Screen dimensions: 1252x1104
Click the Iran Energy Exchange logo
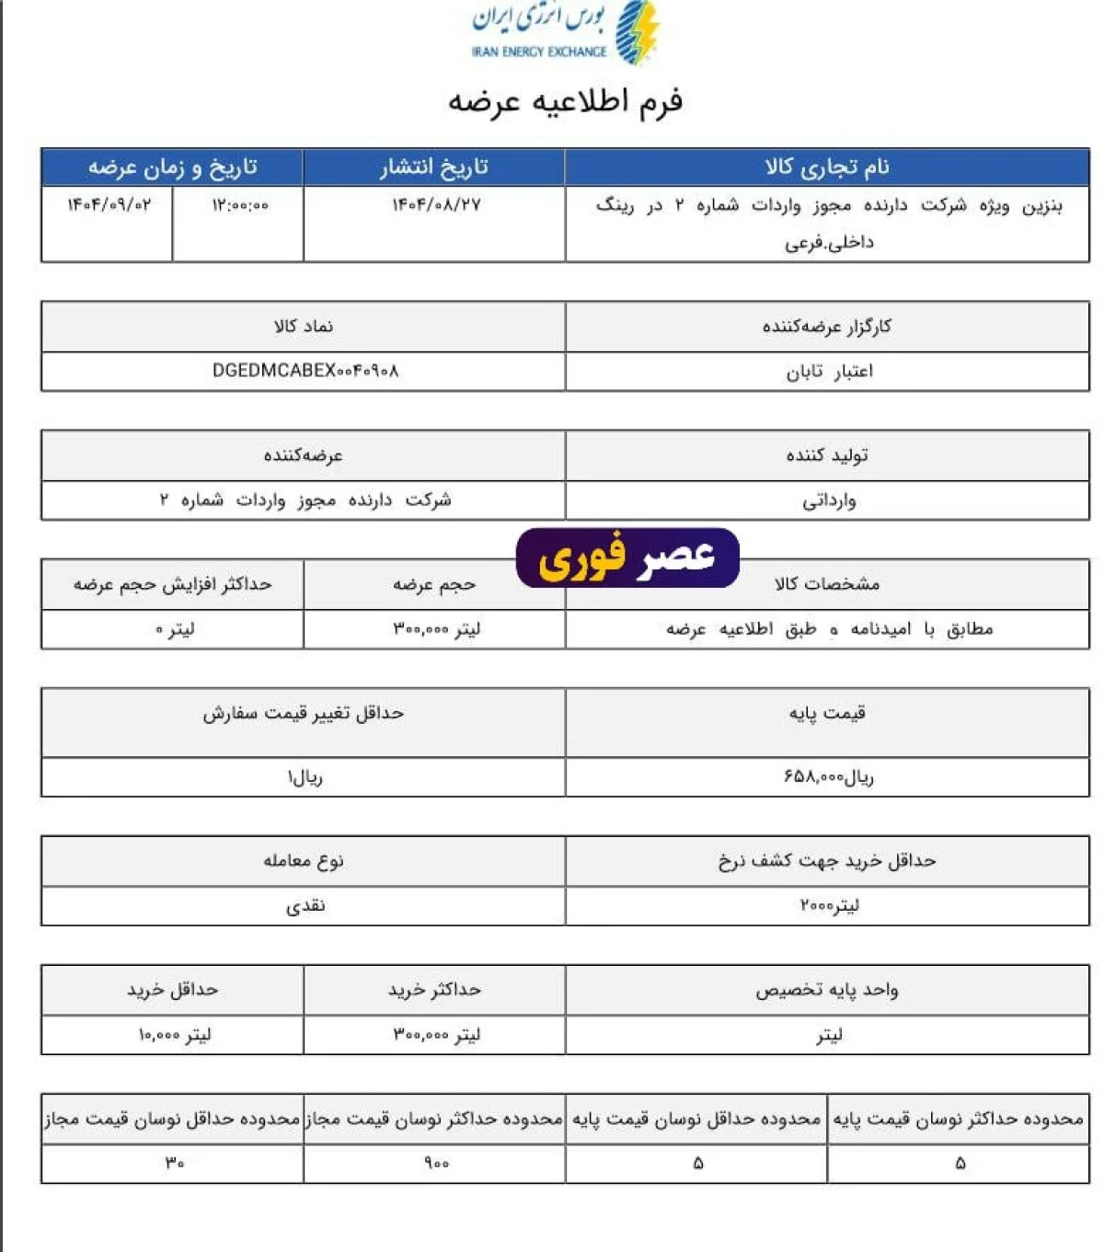[x=565, y=33]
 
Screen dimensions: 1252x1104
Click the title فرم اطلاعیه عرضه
[x=565, y=101]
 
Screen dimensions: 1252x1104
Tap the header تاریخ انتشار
[x=434, y=167]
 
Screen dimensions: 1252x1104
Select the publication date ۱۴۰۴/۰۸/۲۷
[x=436, y=205]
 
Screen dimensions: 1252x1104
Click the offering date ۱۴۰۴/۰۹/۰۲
[x=109, y=205]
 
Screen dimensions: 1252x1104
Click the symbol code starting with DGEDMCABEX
[x=305, y=371]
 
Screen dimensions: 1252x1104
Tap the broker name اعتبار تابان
[x=829, y=372]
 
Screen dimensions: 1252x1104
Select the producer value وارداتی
[x=829, y=501]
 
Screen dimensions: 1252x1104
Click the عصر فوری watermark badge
[x=627, y=557]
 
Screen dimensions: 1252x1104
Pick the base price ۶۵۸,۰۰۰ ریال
[x=829, y=777]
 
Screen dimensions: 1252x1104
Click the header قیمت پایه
[x=827, y=713]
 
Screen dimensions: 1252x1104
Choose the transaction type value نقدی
[x=305, y=906]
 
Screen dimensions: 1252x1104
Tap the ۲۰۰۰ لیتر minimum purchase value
[x=829, y=906]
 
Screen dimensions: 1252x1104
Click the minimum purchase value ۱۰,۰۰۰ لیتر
[x=174, y=1035]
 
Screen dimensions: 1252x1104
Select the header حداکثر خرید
[x=434, y=990]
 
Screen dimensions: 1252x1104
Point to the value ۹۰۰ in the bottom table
[x=436, y=1164]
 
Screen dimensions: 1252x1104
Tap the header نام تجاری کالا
[x=827, y=167]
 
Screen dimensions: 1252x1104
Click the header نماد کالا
[x=304, y=327]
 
